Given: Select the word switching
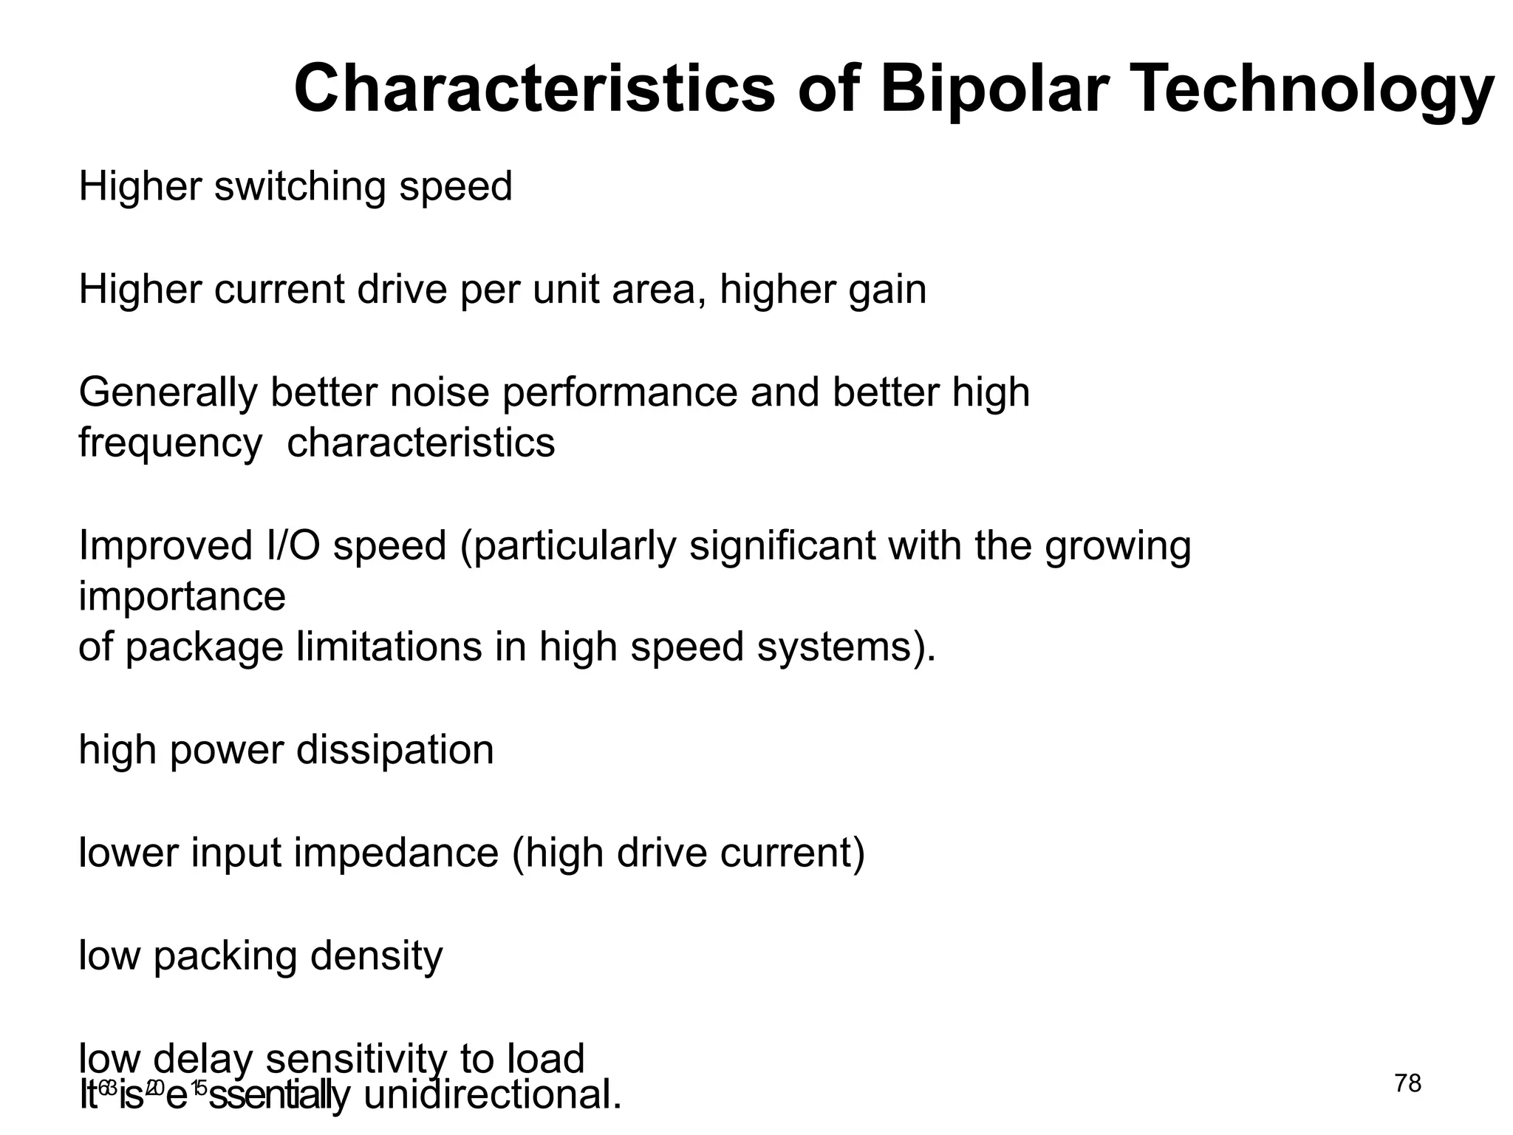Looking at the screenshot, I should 300,186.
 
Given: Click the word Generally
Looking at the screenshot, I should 168,392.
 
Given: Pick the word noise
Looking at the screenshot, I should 440,392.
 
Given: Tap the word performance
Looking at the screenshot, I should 620,392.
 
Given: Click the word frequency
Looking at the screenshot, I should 170,444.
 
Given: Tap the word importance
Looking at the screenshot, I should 182,597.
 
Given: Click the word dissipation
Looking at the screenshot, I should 395,751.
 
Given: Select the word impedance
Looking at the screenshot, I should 396,853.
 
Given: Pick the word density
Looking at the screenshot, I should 376,956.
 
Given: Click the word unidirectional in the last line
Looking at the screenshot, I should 493,1095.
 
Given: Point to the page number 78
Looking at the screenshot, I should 1407,1083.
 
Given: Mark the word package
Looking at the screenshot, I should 204,647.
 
